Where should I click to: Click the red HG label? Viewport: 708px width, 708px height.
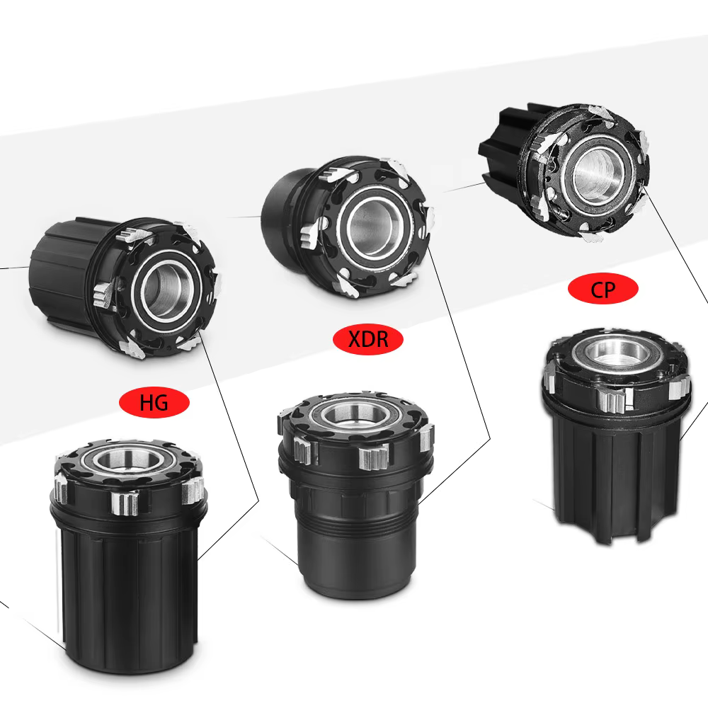point(154,402)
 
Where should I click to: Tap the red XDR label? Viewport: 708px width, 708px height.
point(367,339)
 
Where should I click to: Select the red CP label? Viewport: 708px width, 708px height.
point(603,289)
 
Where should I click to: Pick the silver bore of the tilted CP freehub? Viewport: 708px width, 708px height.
point(598,173)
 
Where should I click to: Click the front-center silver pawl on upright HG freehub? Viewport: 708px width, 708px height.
point(125,503)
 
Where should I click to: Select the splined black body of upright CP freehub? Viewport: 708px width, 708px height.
point(617,474)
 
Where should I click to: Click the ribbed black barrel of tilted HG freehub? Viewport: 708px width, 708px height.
point(63,271)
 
